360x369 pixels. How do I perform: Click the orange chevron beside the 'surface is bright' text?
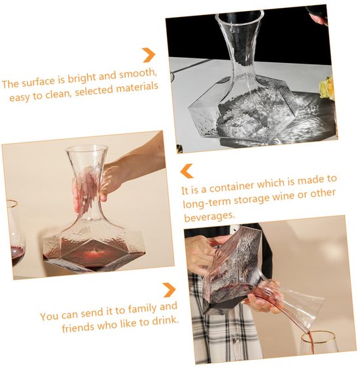point(149,55)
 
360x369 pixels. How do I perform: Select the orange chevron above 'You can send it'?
point(169,290)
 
